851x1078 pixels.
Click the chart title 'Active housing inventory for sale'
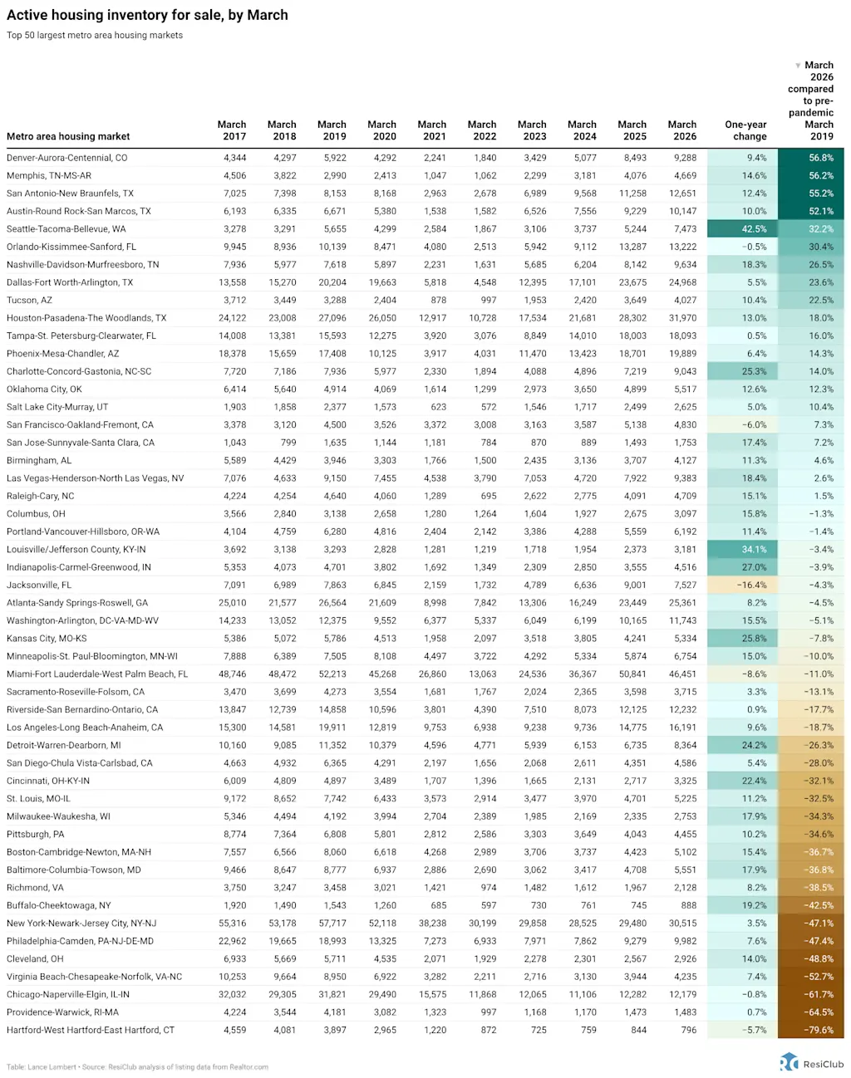[x=147, y=15]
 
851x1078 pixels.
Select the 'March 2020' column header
[x=381, y=130]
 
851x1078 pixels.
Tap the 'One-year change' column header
[x=745, y=130]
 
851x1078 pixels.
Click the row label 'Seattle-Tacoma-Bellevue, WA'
[x=66, y=229]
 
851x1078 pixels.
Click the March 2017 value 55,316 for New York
[x=232, y=924]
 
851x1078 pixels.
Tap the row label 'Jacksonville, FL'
[x=39, y=586]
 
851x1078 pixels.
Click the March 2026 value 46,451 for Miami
[x=682, y=674]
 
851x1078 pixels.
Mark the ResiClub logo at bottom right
[x=812, y=1063]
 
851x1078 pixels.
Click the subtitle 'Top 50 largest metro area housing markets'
[x=95, y=36]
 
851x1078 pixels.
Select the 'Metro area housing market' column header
[x=68, y=136]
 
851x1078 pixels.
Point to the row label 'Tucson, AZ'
[x=29, y=301]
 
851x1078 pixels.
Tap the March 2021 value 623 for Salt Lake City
[x=438, y=407]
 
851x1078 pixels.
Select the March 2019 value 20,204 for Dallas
[x=332, y=282]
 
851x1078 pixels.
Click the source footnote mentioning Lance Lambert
[x=137, y=1067]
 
